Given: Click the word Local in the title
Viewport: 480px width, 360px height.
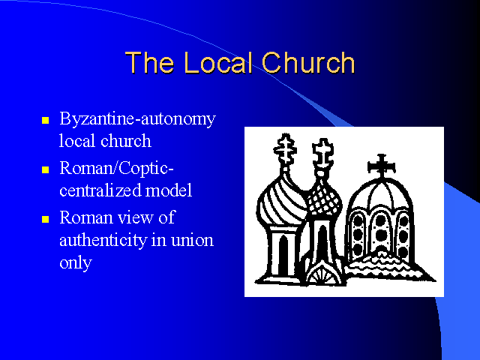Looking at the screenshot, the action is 218,62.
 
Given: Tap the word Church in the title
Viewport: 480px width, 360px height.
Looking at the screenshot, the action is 308,62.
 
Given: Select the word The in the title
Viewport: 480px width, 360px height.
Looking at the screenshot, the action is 150,62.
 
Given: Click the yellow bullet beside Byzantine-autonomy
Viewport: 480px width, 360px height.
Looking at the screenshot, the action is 45,120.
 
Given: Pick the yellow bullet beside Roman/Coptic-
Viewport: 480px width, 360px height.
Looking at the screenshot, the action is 45,169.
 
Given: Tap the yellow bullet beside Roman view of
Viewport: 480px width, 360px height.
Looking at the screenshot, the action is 45,219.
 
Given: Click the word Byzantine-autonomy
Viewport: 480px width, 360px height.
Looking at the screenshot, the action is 138,118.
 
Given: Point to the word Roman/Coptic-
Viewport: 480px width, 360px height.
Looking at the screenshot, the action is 117,168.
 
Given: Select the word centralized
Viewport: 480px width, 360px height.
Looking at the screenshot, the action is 100,190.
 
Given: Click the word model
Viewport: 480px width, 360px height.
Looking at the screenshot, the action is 169,190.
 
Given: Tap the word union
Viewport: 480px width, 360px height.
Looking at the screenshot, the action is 192,241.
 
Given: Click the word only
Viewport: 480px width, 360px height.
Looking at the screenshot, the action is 76,262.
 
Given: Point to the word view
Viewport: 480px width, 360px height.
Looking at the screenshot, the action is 136,217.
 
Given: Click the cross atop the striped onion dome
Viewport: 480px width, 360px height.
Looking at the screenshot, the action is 285,148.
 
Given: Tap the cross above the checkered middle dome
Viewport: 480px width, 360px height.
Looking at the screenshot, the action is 323,153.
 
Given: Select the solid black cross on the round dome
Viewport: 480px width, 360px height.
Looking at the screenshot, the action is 382,165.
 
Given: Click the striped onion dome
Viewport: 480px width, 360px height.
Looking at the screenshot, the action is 282,199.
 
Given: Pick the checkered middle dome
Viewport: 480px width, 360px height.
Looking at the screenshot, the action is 325,196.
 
